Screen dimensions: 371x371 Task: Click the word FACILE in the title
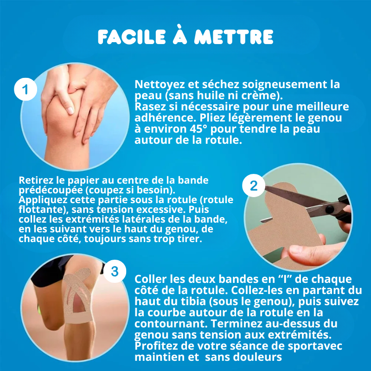(x=132, y=37)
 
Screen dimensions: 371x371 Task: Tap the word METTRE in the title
(x=234, y=37)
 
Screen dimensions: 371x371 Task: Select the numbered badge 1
(x=26, y=90)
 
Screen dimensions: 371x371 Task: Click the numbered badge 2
(x=254, y=186)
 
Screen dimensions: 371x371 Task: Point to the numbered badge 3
(x=115, y=271)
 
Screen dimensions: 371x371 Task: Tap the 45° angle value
(x=198, y=129)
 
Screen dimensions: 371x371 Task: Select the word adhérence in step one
(x=166, y=118)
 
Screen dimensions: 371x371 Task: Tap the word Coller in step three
(x=151, y=279)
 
